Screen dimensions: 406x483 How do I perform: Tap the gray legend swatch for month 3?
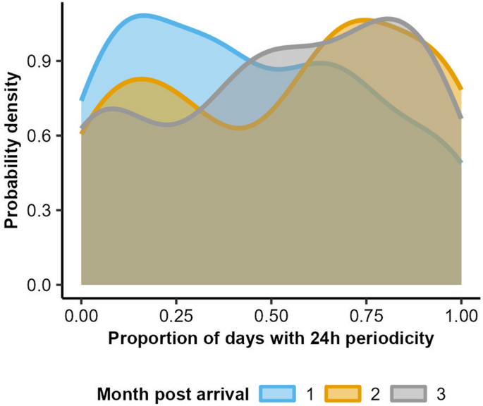point(406,392)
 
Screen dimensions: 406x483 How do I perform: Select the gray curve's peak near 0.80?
point(389,18)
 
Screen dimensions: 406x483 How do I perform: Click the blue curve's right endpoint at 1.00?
point(461,162)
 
